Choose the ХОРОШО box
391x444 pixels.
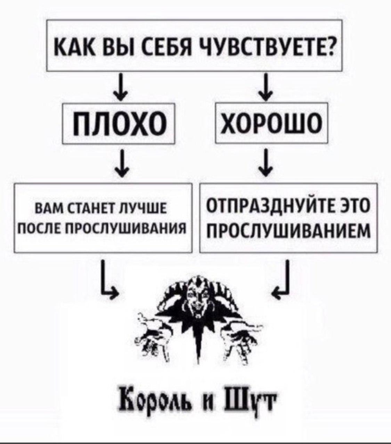(x=272, y=123)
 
